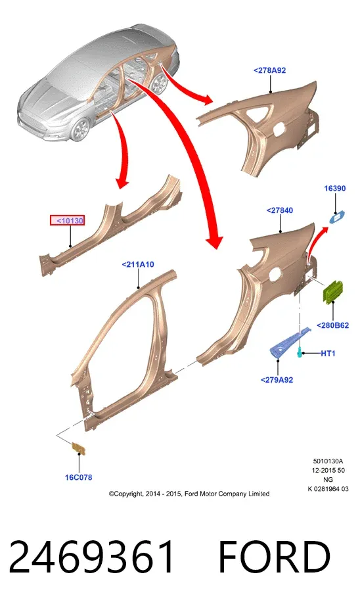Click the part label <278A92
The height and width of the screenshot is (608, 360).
pyautogui.click(x=270, y=70)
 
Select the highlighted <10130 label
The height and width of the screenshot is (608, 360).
pyautogui.click(x=68, y=221)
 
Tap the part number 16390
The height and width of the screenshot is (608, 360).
pyautogui.click(x=335, y=189)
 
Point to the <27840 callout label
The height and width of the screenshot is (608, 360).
pyautogui.click(x=280, y=210)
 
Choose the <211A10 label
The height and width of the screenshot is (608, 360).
pyautogui.click(x=138, y=264)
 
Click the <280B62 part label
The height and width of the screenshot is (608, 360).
pyautogui.click(x=333, y=325)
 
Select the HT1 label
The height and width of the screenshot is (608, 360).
pyautogui.click(x=328, y=353)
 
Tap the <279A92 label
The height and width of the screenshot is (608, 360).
pyautogui.click(x=277, y=380)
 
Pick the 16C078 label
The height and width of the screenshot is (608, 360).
pyautogui.click(x=79, y=477)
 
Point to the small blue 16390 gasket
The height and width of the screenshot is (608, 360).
pyautogui.click(x=337, y=218)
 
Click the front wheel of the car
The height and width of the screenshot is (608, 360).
pyautogui.click(x=81, y=129)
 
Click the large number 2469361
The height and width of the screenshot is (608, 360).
pyautogui.click(x=92, y=557)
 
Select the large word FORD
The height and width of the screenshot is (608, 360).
pyautogui.click(x=275, y=557)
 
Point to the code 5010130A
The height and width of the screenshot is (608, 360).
pyautogui.click(x=328, y=461)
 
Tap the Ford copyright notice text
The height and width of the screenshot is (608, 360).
pyautogui.click(x=189, y=494)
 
